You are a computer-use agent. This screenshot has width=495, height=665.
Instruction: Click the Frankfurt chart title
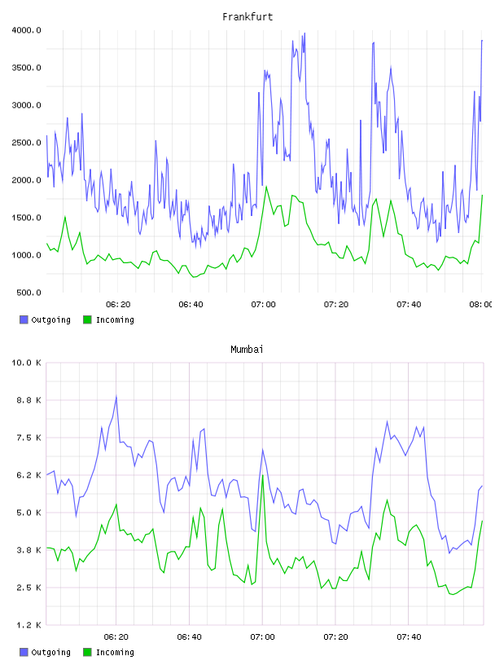247,17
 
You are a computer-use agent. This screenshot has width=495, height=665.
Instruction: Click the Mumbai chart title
247,350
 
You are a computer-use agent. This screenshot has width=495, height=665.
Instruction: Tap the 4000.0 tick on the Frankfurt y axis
26,30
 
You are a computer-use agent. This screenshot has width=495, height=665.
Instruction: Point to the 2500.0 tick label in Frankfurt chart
26,143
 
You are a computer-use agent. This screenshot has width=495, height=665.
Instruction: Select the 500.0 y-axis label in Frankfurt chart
28,293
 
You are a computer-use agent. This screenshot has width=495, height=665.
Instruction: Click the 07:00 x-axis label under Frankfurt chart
263,305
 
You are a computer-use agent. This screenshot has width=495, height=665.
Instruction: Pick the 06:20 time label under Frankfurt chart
118,305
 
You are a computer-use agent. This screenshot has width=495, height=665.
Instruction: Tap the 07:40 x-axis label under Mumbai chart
409,637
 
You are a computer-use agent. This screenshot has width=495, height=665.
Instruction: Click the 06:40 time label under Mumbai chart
190,637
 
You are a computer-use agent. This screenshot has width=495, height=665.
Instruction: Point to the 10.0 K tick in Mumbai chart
26,363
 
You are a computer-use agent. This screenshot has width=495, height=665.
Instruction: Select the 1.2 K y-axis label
28,625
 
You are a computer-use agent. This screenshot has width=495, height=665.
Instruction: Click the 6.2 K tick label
28,475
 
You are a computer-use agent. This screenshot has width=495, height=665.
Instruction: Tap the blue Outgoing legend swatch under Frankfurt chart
24,319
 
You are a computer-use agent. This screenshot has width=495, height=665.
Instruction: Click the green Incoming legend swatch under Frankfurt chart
87,319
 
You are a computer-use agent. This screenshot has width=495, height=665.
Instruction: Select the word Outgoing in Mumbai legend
50,652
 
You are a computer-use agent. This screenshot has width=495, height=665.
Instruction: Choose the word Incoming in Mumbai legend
115,652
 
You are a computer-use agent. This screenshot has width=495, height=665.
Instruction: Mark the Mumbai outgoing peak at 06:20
116,397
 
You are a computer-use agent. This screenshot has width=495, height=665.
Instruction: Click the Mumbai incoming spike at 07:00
263,476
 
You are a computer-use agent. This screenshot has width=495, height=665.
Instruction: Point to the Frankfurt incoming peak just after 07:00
266,187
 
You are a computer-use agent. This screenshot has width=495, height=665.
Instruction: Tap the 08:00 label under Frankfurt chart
480,305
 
